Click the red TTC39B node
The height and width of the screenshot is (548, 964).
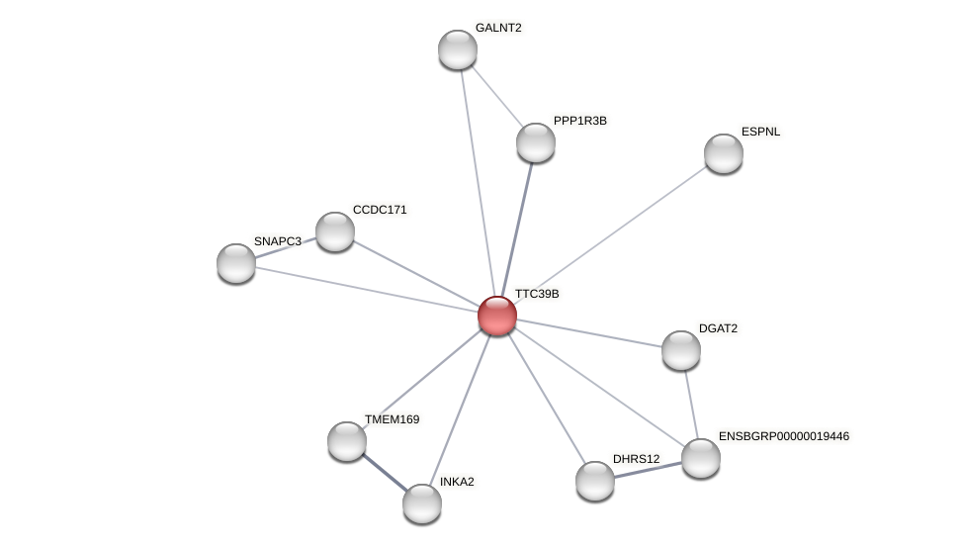tap(496, 316)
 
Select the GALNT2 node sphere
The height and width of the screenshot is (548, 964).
tap(458, 49)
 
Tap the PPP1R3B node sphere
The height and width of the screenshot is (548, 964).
tap(536, 142)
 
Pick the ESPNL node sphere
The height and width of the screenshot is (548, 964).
tap(724, 153)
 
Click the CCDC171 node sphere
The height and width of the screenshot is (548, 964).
tap(335, 231)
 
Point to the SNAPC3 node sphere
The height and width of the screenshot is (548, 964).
tap(236, 263)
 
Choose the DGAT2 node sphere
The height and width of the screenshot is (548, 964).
tap(681, 350)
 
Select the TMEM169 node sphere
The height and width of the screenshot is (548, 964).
tap(347, 441)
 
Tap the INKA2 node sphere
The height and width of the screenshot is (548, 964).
tap(422, 503)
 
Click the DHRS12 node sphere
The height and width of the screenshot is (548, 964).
tap(595, 481)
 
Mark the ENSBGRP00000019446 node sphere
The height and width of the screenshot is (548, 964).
tap(701, 458)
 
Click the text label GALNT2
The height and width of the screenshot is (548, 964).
tap(498, 28)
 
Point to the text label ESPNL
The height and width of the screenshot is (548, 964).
tap(760, 132)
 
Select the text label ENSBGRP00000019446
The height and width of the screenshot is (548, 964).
tap(783, 436)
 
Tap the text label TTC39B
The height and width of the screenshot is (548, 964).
tap(537, 294)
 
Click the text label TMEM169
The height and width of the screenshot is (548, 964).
tap(392, 419)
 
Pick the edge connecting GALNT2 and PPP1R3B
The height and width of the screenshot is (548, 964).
tap(496, 96)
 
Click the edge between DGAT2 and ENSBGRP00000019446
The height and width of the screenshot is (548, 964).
tap(691, 404)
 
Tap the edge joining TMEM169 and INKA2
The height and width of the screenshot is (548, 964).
tap(385, 472)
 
